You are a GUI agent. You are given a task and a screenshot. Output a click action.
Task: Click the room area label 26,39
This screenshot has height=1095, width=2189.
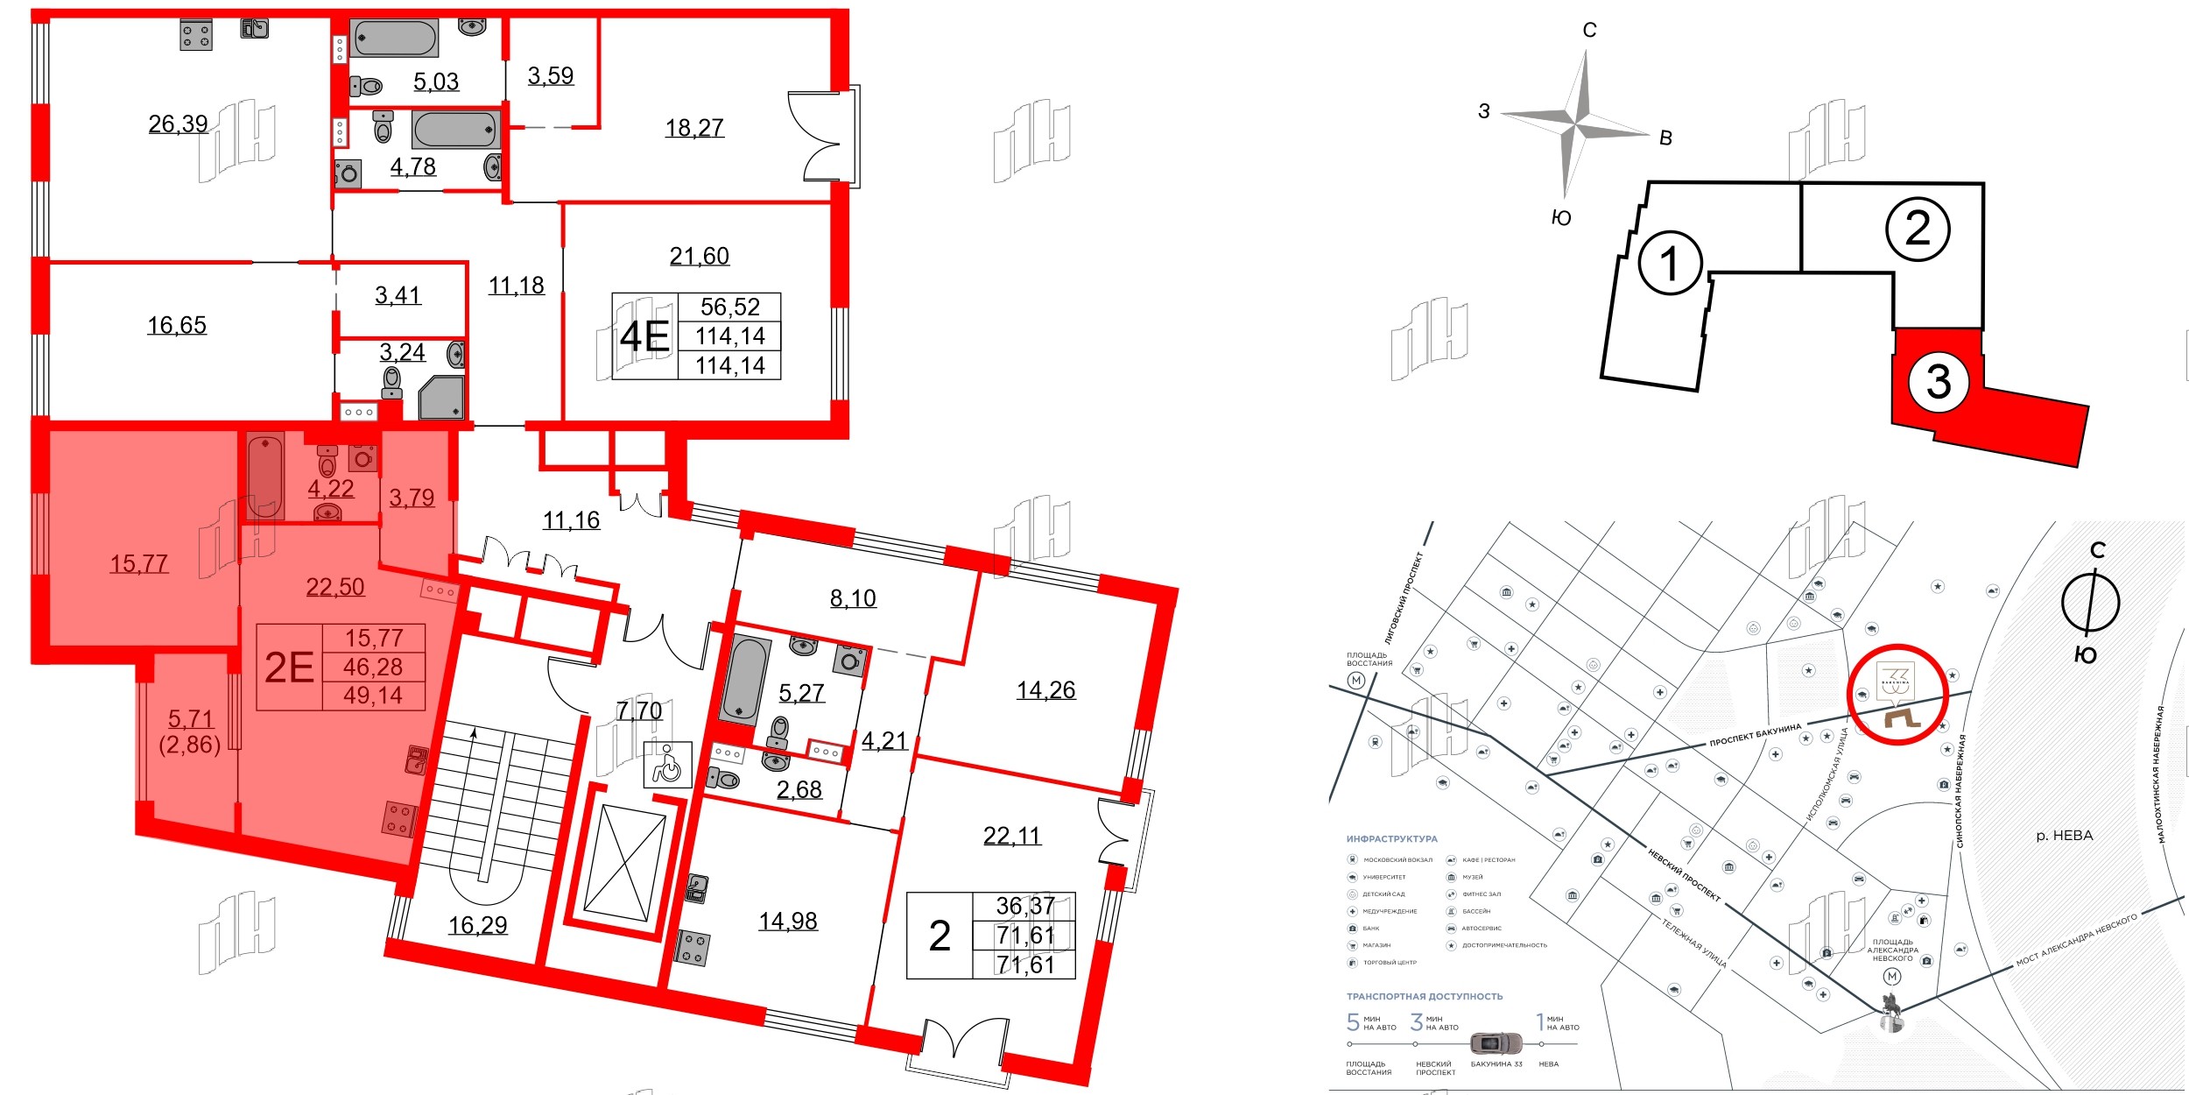pyautogui.click(x=178, y=124)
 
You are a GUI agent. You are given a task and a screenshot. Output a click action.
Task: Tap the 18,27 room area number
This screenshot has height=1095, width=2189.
pyautogui.click(x=694, y=128)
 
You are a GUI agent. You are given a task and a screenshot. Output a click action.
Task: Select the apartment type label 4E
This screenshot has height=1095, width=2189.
pyautogui.click(x=644, y=336)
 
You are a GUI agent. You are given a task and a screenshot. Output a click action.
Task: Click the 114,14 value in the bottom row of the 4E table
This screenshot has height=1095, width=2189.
pyautogui.click(x=729, y=365)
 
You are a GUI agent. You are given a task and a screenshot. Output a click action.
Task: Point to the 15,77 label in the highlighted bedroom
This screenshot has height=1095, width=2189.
pyautogui.click(x=138, y=563)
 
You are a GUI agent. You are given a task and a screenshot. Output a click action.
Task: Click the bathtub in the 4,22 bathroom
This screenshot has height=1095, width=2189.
pyautogui.click(x=264, y=477)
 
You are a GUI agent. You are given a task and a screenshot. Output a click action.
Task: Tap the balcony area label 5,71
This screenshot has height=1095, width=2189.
pyautogui.click(x=190, y=719)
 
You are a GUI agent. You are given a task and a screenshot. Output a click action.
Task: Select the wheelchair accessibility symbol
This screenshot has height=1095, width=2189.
pyautogui.click(x=667, y=765)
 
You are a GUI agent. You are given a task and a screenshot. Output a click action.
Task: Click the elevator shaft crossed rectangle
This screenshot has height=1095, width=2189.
pyautogui.click(x=624, y=864)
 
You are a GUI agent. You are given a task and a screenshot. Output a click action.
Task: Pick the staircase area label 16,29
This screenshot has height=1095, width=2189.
pyautogui.click(x=477, y=925)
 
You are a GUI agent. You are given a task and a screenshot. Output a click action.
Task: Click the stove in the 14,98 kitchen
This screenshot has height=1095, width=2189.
pyautogui.click(x=692, y=948)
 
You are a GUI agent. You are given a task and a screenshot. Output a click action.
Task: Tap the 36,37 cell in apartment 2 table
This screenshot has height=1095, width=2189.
pyautogui.click(x=1024, y=906)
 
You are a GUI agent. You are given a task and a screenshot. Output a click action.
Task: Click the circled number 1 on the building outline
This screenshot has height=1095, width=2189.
pyautogui.click(x=1669, y=263)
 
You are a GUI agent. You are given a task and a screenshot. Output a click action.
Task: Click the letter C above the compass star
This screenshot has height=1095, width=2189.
pyautogui.click(x=1589, y=31)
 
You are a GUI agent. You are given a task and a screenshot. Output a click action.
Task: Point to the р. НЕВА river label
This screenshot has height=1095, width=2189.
pyautogui.click(x=2064, y=836)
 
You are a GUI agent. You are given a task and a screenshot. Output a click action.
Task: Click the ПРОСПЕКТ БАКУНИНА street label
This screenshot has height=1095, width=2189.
pyautogui.click(x=1756, y=734)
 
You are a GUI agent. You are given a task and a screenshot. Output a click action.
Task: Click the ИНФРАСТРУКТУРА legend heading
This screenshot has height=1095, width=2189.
pyautogui.click(x=1391, y=838)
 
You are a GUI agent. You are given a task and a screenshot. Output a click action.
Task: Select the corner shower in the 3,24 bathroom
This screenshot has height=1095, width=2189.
pyautogui.click(x=441, y=399)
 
